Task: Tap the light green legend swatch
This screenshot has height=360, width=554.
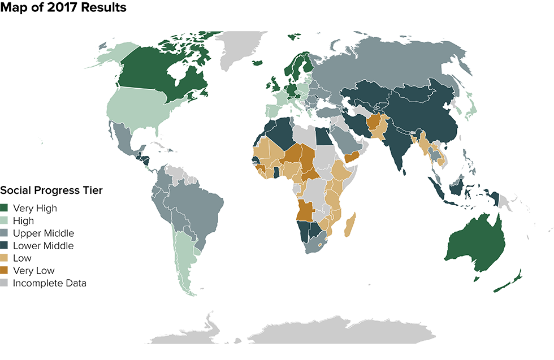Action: point(6,219)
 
